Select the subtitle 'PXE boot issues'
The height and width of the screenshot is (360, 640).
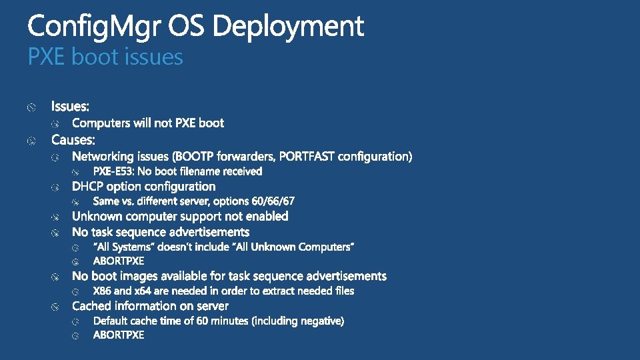(105, 57)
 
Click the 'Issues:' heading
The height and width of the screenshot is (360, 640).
(70, 107)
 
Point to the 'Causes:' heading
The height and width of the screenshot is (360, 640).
(73, 140)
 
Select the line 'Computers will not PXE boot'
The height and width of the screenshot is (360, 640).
(147, 123)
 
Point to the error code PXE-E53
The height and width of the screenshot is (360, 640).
(113, 171)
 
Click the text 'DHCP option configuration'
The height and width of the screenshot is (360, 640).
(143, 187)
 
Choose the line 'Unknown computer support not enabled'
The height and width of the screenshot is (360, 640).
(180, 216)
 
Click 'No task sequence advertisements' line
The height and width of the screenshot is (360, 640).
(161, 232)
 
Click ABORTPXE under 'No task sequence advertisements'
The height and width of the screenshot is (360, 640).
(119, 261)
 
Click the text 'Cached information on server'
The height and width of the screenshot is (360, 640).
(150, 306)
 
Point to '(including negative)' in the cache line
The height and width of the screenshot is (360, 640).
(297, 321)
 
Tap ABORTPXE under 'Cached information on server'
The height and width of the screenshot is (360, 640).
(119, 335)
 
